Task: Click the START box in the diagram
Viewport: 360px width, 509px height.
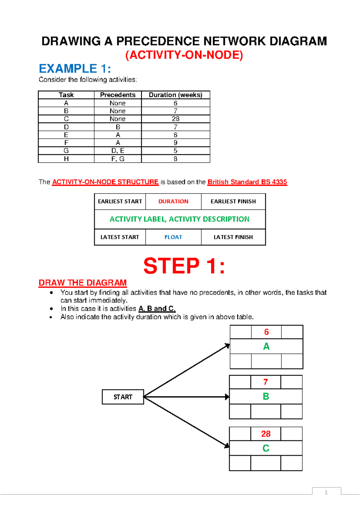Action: [123, 397]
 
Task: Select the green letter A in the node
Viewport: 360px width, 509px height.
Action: [266, 346]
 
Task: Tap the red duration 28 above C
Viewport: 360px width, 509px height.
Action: [266, 434]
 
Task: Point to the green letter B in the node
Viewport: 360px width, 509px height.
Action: [266, 396]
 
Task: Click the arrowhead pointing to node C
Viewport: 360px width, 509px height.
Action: [227, 446]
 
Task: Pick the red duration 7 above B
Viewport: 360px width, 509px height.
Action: [265, 382]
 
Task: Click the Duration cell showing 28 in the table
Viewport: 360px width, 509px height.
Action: [175, 119]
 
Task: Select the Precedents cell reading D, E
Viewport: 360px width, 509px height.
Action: [118, 151]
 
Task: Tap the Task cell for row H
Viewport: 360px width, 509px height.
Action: [66, 159]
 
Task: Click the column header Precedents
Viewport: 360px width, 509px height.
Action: [118, 95]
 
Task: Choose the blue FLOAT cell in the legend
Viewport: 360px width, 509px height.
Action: [173, 237]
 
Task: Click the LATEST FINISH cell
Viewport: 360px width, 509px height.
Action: [233, 237]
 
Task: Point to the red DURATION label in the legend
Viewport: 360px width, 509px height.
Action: [173, 201]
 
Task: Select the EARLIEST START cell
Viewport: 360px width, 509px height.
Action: [120, 201]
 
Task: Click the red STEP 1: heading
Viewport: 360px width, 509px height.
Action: [184, 266]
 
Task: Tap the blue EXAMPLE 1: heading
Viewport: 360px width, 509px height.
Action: [75, 69]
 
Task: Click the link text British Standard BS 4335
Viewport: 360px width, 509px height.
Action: [247, 182]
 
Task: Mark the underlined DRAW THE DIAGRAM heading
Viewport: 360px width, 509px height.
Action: [82, 283]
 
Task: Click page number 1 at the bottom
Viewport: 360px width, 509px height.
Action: [326, 492]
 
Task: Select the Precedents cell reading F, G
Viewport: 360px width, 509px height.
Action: [118, 159]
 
